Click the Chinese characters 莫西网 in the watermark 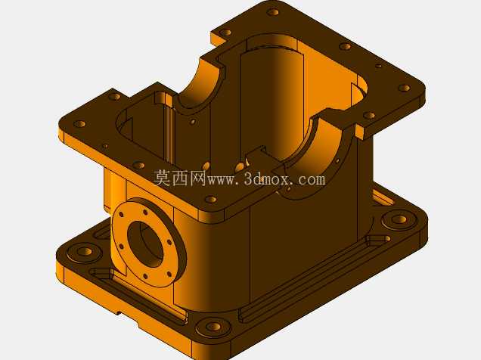point(180,178)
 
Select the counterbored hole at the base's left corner point(84,252)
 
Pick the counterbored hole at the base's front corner point(213,327)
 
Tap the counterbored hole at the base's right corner point(399,219)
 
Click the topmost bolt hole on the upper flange point(273,12)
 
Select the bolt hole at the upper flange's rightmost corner point(405,88)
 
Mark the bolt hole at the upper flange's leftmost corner point(79,124)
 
